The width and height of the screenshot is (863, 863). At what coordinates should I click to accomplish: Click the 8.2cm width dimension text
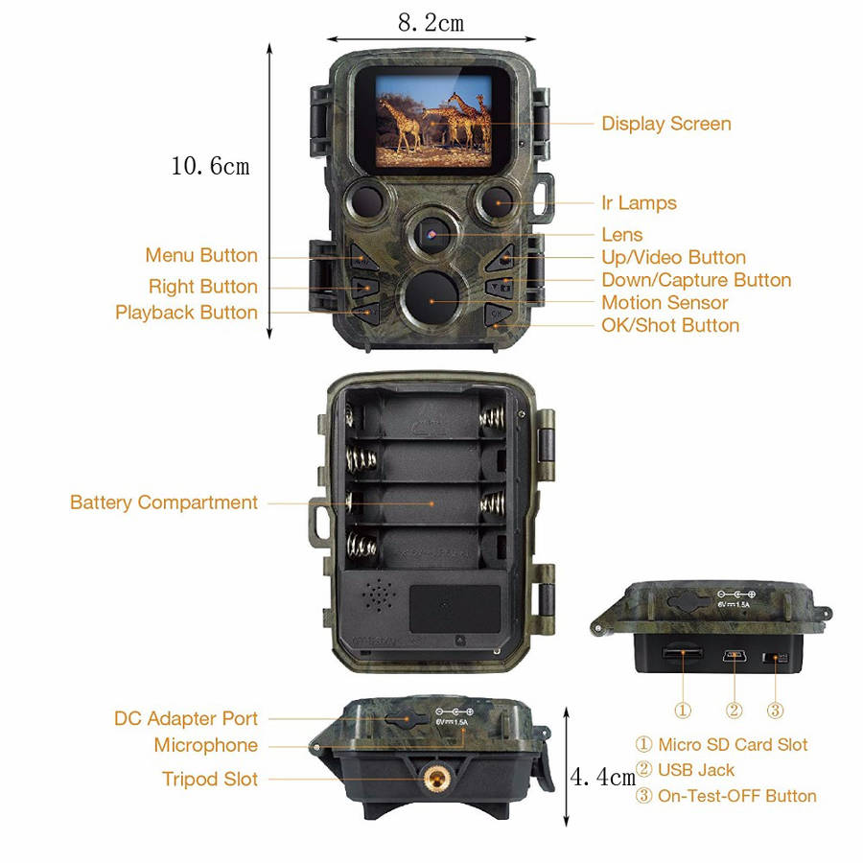tap(431, 23)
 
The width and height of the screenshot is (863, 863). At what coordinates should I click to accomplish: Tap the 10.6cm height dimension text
tap(210, 166)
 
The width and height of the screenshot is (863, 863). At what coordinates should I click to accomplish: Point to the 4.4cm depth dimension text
tap(603, 777)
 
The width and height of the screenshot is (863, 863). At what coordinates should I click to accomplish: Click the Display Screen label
tap(666, 124)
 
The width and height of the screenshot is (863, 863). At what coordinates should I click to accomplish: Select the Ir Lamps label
tap(639, 203)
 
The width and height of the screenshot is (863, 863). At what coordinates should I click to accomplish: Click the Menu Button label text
tap(201, 255)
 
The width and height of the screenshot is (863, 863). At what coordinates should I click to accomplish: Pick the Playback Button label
tap(187, 313)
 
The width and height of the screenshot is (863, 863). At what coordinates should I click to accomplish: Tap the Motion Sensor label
tap(665, 303)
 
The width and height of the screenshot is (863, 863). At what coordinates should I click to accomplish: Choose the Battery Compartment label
tap(164, 502)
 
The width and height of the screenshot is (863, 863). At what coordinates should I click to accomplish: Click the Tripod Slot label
tap(210, 780)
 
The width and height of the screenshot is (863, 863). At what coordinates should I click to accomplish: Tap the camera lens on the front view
tap(432, 235)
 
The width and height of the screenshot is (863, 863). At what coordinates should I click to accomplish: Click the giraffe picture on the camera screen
tap(433, 121)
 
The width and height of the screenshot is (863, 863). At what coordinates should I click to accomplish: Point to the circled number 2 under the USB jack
tap(735, 710)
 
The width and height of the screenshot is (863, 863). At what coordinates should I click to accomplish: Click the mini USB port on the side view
tap(735, 656)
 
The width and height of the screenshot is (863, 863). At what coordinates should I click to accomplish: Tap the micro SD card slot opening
tap(683, 653)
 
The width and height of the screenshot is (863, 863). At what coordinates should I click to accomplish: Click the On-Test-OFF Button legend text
tap(737, 796)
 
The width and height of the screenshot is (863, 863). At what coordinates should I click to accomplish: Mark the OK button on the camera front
tap(497, 315)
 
